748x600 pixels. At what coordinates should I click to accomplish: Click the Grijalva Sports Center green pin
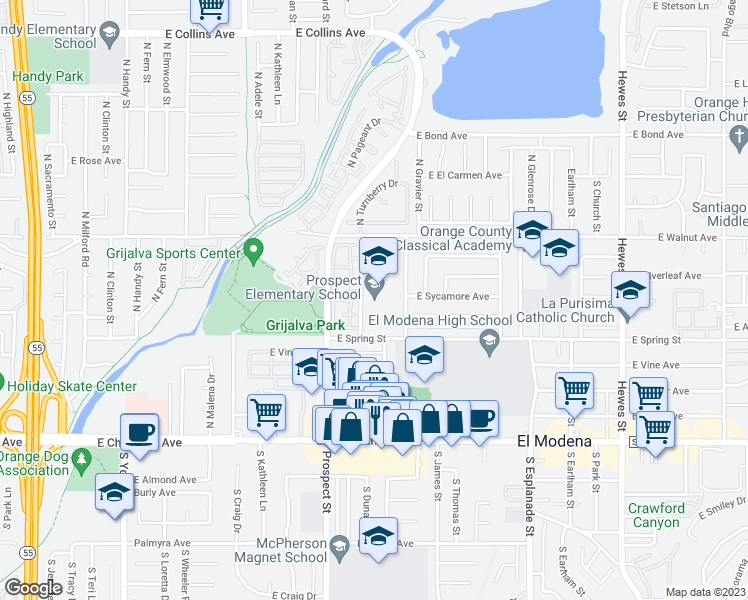(x=253, y=250)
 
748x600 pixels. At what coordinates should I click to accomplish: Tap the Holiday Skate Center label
(x=75, y=386)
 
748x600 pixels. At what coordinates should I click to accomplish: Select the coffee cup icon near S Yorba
(x=139, y=432)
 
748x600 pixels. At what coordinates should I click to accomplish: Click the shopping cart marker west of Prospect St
(x=266, y=410)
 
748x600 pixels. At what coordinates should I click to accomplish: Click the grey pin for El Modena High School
(x=489, y=343)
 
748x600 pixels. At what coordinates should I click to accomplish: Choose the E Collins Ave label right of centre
(x=330, y=33)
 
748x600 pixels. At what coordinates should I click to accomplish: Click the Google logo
(x=34, y=588)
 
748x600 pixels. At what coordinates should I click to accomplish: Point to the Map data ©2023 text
(x=704, y=592)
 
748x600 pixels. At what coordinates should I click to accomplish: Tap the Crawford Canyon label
(x=656, y=515)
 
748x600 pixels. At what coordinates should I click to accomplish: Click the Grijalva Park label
(x=305, y=326)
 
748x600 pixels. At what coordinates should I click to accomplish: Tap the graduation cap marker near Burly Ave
(x=114, y=492)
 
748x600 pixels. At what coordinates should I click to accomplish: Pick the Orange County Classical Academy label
(x=446, y=238)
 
